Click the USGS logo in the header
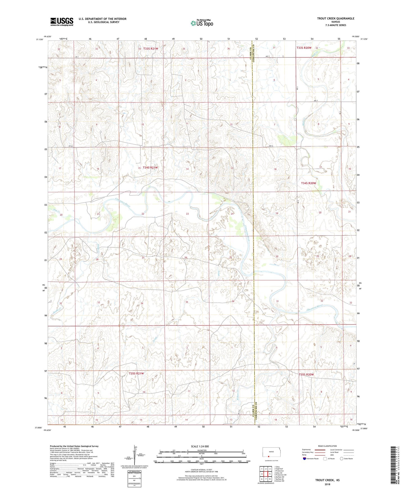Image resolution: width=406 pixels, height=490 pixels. click(x=62, y=22)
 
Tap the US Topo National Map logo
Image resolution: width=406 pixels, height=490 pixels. click(x=202, y=23)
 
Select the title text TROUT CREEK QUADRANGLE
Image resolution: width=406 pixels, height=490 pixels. click(x=335, y=19)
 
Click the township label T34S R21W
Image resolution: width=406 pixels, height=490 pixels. click(x=150, y=168)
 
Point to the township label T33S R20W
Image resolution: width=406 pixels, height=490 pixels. click(x=304, y=48)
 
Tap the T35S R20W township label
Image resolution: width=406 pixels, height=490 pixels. click(x=306, y=375)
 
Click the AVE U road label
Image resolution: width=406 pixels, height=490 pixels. click(x=271, y=146)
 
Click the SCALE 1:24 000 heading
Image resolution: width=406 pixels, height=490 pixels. click(x=200, y=446)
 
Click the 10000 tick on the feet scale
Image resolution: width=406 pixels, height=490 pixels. click(x=248, y=469)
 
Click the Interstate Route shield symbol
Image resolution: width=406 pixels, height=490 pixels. click(x=304, y=459)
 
